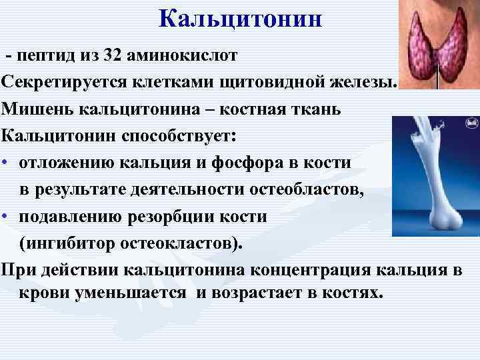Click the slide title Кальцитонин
click(241, 19)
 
